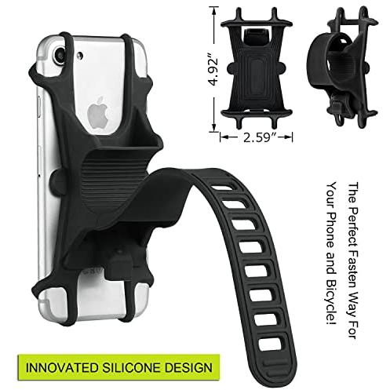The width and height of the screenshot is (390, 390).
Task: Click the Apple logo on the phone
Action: pos(97,112)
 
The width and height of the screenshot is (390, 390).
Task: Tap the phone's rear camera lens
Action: pos(60,53)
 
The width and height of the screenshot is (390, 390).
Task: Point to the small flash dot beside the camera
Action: pos(80,56)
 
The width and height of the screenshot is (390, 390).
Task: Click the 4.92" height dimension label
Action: pos(213,70)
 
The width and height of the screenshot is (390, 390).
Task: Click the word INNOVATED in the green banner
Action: pos(62,367)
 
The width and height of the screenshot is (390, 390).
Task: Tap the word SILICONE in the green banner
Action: pos(131,367)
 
